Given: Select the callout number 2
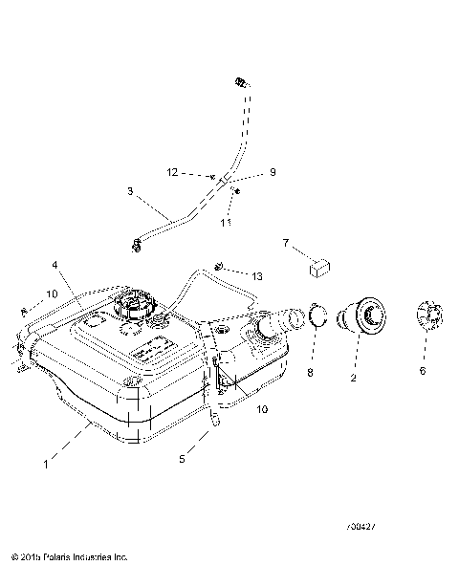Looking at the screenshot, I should tap(355, 378).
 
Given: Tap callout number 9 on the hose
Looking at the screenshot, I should tap(246, 173).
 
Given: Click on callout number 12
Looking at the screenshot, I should tap(172, 173).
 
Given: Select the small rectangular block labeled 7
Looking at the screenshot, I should tap(318, 265).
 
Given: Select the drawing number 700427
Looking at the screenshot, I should tap(363, 526).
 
